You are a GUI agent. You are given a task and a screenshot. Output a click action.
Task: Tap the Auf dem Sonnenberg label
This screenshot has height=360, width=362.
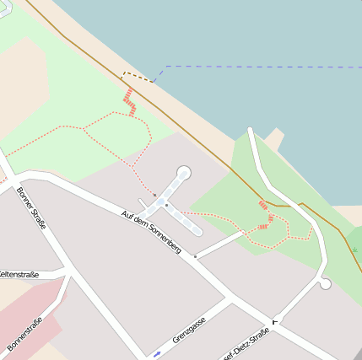click(x=151, y=233)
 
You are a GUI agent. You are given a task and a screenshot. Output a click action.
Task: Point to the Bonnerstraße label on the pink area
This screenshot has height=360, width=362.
click(x=24, y=334)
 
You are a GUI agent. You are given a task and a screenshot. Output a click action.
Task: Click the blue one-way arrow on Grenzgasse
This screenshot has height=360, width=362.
click(x=157, y=352)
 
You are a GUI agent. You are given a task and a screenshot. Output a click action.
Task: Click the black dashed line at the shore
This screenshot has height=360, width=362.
click(x=138, y=76)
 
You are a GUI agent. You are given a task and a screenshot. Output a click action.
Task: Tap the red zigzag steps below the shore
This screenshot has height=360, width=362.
click(x=129, y=102)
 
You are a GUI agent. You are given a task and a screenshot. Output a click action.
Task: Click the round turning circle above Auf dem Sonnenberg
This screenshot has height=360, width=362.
click(x=184, y=172)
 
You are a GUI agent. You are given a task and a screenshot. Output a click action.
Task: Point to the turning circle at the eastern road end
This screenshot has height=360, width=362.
click(x=325, y=284)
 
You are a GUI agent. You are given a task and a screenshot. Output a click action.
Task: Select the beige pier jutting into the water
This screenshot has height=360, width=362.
click(x=274, y=139)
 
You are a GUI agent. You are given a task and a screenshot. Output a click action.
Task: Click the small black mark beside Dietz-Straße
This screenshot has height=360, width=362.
click(x=274, y=322)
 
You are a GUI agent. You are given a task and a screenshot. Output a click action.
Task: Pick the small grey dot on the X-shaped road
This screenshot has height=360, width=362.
click(x=167, y=204)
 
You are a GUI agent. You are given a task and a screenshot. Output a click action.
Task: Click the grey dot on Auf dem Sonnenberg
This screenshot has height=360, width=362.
click(x=195, y=255)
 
